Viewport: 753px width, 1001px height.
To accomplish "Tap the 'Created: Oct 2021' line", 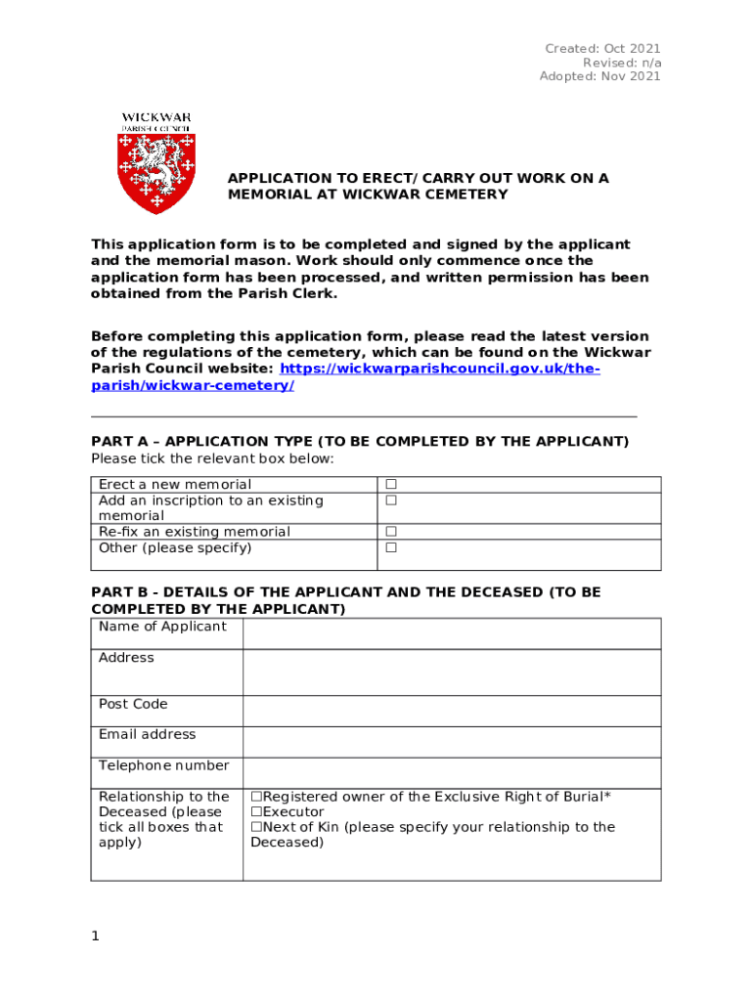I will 602,49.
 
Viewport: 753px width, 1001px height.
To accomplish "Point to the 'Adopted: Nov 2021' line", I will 599,76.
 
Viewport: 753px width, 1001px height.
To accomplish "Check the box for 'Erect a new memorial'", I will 390,485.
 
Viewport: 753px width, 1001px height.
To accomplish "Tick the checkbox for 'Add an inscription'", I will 390,500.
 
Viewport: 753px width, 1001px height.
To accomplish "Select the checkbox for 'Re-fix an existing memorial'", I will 390,532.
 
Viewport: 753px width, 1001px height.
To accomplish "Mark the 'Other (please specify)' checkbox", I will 390,547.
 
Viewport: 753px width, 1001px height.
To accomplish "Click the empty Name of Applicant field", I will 451,633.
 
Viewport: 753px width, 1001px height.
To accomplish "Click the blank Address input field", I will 451,673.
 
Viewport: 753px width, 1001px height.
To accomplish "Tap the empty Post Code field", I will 451,711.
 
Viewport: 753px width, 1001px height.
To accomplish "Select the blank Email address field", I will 451,742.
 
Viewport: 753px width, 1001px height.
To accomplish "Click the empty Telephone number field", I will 451,772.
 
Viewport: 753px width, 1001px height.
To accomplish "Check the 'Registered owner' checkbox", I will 256,797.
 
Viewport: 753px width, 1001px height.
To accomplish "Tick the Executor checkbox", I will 256,812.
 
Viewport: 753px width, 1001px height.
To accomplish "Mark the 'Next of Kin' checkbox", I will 256,827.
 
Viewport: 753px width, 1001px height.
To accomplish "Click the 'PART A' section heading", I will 360,442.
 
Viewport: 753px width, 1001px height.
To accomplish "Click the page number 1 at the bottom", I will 95,936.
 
